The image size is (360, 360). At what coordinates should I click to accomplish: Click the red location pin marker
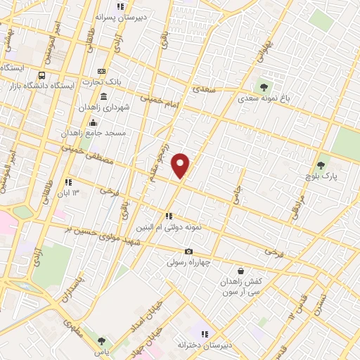tap(181, 165)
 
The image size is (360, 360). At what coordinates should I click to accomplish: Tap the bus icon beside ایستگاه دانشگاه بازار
tap(42, 75)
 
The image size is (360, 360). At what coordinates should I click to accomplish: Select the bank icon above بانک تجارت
tap(102, 71)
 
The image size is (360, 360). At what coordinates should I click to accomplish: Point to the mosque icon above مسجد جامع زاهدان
tap(93, 122)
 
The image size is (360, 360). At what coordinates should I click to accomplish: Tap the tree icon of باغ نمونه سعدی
tap(264, 87)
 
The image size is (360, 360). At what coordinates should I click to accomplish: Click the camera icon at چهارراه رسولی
tap(188, 251)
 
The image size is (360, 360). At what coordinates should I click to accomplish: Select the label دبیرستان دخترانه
tap(205, 345)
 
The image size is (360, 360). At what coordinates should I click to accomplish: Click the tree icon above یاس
tap(101, 341)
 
